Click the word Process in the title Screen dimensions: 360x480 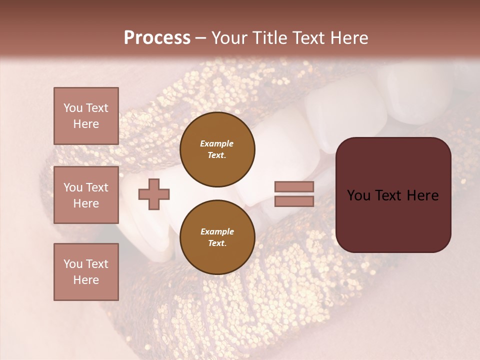coord(157,38)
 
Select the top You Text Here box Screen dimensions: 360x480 coord(86,116)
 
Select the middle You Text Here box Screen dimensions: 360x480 coord(86,195)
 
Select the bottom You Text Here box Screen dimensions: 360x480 coord(86,271)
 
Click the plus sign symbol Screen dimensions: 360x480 coord(153,194)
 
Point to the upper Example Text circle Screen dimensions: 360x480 coord(217,149)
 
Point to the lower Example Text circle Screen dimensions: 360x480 coord(217,237)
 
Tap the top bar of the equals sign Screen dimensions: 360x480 coord(294,186)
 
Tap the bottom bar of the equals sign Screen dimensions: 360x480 coord(294,201)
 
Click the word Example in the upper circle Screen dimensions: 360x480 coord(217,143)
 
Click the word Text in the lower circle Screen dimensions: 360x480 coord(216,243)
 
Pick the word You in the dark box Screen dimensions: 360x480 coord(358,195)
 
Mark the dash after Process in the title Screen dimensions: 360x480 coord(200,38)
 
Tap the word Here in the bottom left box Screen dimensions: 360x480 coord(86,280)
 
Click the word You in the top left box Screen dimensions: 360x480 coord(73,108)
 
